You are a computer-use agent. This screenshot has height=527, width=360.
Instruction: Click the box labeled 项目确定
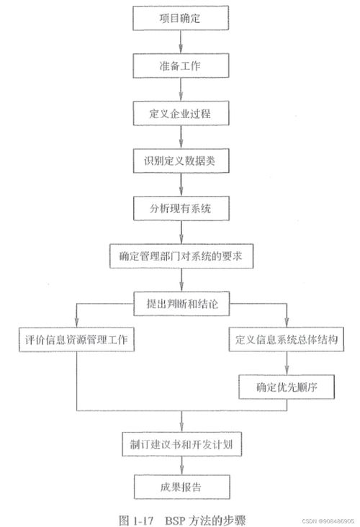coord(181,18)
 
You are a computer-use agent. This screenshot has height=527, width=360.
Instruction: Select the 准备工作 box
coord(181,66)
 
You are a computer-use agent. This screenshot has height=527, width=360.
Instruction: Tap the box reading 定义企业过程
coord(181,113)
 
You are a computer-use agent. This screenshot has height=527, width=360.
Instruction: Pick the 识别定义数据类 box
coord(181,161)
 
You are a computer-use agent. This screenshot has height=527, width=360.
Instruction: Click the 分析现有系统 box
coord(181,208)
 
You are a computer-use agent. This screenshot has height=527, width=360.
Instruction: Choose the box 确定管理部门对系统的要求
coord(181,256)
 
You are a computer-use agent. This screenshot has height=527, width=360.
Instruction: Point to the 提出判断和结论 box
coord(181,304)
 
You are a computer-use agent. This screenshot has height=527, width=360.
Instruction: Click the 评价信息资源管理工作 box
coord(76,340)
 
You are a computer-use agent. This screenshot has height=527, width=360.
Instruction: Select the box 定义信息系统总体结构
coord(287,340)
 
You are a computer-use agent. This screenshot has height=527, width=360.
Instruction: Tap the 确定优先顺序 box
coord(287,387)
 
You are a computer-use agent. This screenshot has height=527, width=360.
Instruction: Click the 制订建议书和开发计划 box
coord(181,444)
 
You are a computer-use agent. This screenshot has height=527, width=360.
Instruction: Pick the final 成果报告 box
coord(182,487)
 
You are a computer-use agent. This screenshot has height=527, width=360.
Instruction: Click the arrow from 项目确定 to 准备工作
coord(181,42)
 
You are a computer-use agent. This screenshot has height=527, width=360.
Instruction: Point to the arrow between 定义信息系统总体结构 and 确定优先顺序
coord(287,363)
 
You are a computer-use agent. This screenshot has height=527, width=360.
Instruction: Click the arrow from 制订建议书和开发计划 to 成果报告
coord(182,466)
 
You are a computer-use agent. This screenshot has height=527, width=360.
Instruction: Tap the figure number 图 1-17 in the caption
coord(136,521)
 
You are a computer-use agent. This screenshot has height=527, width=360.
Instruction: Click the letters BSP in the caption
coord(175,521)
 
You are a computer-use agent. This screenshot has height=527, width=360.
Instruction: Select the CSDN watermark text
coord(328,521)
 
